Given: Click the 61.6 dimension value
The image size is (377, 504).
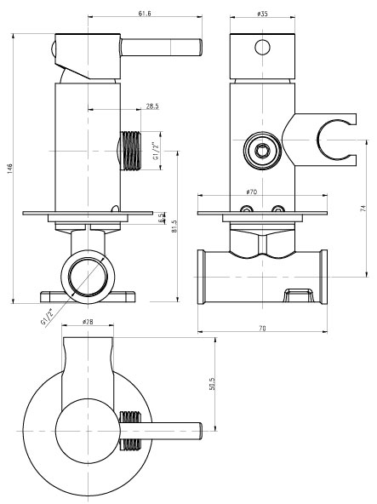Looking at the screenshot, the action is pyautogui.click(x=145, y=13).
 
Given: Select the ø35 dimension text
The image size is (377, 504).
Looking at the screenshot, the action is pyautogui.click(x=263, y=14).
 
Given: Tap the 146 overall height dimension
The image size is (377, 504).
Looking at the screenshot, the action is pyautogui.click(x=9, y=169).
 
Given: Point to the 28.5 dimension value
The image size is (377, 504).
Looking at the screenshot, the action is pyautogui.click(x=152, y=106).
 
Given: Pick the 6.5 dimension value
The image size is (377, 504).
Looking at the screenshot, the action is pyautogui.click(x=161, y=218).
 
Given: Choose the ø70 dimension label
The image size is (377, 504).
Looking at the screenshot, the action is pyautogui.click(x=252, y=192).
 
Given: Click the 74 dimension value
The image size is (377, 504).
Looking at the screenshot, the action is pyautogui.click(x=363, y=209).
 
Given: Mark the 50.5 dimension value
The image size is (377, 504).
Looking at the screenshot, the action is pyautogui.click(x=212, y=384).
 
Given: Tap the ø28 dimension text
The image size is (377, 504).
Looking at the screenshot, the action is pyautogui.click(x=88, y=322).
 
